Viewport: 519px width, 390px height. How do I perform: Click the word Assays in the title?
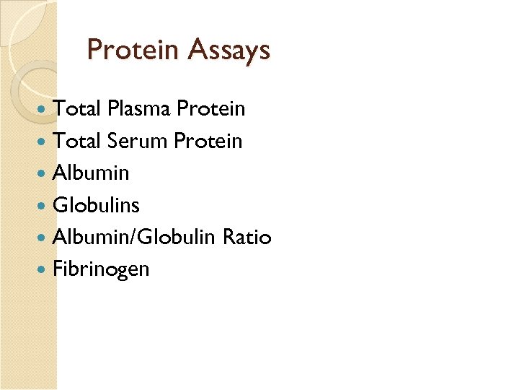click(x=229, y=50)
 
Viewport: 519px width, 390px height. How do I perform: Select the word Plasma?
click(x=139, y=109)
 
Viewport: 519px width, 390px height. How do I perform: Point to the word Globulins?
click(x=97, y=205)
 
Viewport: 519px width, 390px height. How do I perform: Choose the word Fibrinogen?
click(x=102, y=269)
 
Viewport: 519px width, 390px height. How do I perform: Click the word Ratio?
click(x=247, y=237)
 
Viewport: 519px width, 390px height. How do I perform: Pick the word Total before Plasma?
click(x=77, y=109)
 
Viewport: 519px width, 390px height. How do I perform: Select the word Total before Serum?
click(x=77, y=141)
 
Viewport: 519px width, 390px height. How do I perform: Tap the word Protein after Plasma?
click(x=211, y=109)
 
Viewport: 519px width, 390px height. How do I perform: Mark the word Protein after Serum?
click(x=209, y=141)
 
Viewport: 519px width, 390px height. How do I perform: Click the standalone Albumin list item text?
click(x=92, y=173)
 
